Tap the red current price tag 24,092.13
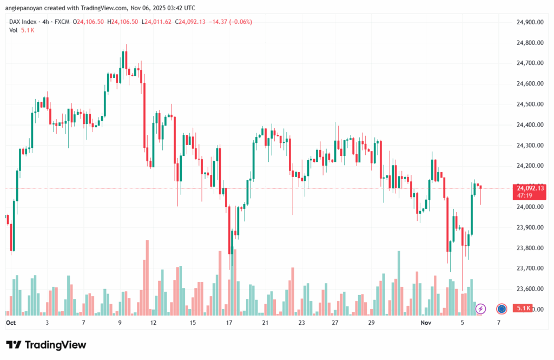pos(530,188)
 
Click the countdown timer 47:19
pos(524,195)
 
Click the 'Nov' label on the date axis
pos(426,322)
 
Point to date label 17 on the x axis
pos(229,322)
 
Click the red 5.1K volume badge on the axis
pos(523,309)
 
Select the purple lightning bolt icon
pos(480,309)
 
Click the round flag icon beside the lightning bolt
pos(502,309)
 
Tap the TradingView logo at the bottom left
pos(46,345)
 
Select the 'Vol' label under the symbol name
pos(13,30)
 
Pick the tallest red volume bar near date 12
pos(147,277)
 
